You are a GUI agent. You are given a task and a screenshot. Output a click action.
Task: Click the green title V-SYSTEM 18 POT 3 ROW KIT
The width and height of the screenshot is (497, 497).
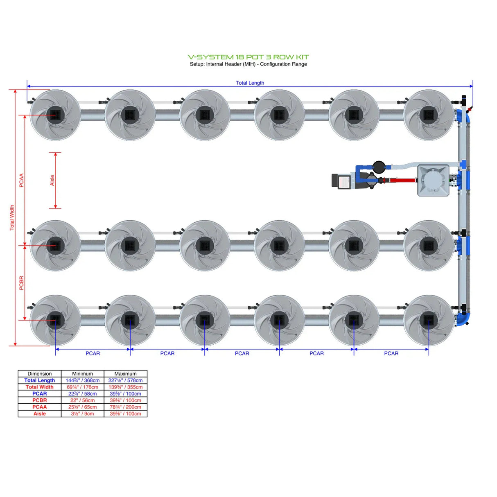(248, 57)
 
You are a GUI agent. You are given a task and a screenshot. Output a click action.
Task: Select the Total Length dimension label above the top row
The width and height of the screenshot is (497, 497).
(250, 83)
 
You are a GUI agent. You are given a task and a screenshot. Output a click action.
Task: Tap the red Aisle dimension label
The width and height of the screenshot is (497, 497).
(52, 180)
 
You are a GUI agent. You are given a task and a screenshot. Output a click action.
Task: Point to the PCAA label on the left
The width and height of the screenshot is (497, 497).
(21, 180)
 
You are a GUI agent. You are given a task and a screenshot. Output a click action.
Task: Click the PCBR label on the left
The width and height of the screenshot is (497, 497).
(21, 283)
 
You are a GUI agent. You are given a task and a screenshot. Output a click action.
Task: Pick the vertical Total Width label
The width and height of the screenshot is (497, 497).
(12, 217)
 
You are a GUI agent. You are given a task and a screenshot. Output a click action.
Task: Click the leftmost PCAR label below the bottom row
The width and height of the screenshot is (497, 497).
(93, 353)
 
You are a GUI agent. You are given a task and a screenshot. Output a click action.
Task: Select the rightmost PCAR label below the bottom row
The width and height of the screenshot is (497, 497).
(391, 353)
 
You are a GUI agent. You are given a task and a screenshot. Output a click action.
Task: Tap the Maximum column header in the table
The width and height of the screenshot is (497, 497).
(125, 374)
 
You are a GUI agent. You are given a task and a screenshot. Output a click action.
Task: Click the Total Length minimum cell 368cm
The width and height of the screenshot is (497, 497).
(82, 380)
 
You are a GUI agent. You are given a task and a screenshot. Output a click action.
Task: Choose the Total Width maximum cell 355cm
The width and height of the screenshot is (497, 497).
(125, 387)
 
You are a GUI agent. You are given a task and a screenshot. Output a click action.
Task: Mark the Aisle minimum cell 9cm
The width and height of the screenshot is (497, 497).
(82, 413)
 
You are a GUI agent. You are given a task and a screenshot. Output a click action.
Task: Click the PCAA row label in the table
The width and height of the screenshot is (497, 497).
(40, 407)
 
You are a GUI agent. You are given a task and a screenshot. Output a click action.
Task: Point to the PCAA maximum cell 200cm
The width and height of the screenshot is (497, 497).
(125, 407)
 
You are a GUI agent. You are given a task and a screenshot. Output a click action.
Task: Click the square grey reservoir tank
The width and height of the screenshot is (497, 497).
(433, 181)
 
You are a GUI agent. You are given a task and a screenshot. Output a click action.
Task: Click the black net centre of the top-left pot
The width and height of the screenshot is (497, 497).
(55, 115)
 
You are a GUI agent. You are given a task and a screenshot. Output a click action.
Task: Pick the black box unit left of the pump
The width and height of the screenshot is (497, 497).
(341, 181)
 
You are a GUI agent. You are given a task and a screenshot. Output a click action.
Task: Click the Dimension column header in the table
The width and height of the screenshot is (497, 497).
(40, 374)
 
